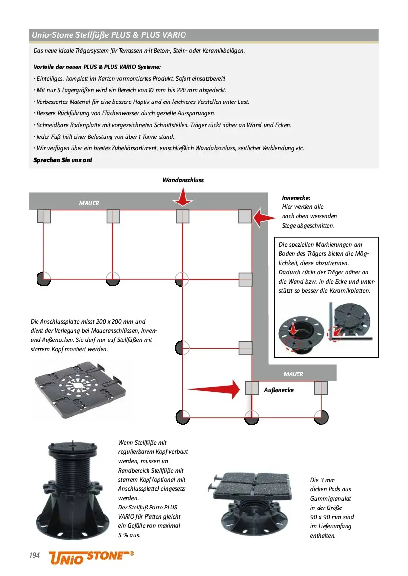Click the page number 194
tap(35, 555)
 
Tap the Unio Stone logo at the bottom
tap(91, 556)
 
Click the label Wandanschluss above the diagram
tap(183, 180)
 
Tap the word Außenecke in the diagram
tap(279, 390)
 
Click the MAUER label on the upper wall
tap(89, 203)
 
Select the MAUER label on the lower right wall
tap(293, 374)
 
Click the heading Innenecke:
tap(296, 198)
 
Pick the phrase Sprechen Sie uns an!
tap(63, 160)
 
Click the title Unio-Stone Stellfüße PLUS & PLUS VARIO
tap(109, 35)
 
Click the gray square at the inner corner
tap(245, 216)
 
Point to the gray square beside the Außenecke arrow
tap(252, 388)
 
